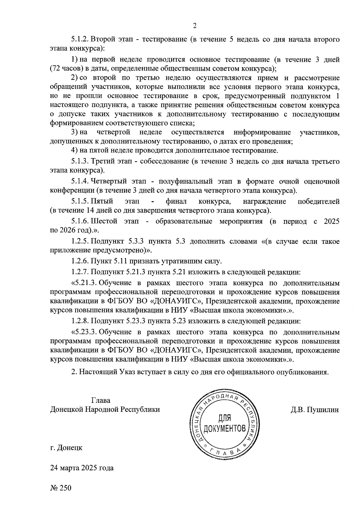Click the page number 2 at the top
click(x=195, y=26)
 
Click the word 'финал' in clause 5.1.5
click(x=176, y=201)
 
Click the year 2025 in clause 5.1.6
click(x=331, y=221)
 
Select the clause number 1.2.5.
click(x=80, y=241)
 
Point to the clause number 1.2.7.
click(x=80, y=272)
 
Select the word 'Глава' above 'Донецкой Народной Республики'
click(x=100, y=400)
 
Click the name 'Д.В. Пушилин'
click(x=315, y=410)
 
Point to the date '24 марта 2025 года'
click(x=82, y=468)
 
